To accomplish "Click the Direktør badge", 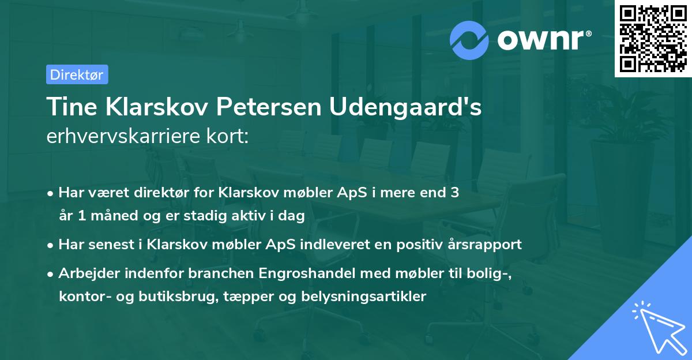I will (77, 74).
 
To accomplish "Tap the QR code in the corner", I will (653, 39).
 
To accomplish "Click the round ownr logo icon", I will (469, 39).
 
